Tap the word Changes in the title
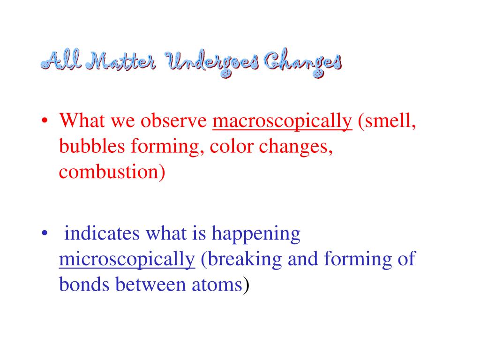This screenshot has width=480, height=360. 301,63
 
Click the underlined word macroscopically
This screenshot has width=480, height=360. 282,122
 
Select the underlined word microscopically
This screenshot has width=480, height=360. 127,259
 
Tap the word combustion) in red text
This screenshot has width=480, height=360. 112,172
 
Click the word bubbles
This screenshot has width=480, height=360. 92,147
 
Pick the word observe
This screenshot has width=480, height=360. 175,122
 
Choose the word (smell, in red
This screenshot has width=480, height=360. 387,122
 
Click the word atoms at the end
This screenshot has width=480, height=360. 219,284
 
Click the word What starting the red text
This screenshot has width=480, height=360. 83,122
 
